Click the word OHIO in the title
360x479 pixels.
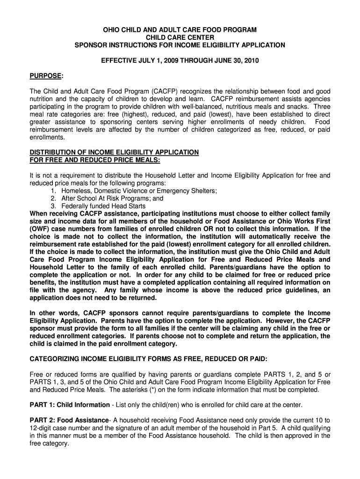pyautogui.click(x=112, y=30)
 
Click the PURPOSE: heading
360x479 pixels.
pyautogui.click(x=46, y=76)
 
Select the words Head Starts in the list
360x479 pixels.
pyautogui.click(x=129, y=206)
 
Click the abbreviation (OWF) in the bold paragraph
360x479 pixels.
pyautogui.click(x=40, y=229)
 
